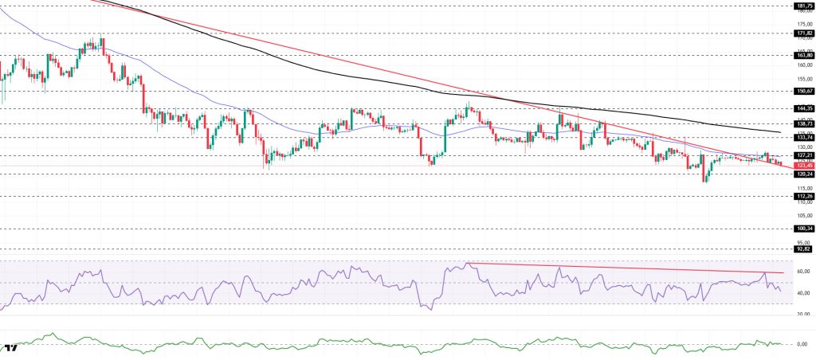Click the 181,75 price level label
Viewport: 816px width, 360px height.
[803, 6]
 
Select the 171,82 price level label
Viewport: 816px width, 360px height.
[803, 33]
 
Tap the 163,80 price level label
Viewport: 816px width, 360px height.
[803, 55]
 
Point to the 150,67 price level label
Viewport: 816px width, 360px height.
[803, 91]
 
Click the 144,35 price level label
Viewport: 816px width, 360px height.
[803, 108]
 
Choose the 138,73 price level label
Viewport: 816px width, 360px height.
[803, 123]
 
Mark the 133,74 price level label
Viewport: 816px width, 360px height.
[803, 137]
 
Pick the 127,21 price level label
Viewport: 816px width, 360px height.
[803, 155]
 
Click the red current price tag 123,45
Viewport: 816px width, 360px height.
[803, 165]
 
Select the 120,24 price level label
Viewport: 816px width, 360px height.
[803, 174]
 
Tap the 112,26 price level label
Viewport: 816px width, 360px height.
[803, 196]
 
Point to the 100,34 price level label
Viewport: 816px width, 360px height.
[803, 229]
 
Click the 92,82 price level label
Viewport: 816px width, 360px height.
[803, 249]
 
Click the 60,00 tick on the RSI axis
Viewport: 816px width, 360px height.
[802, 272]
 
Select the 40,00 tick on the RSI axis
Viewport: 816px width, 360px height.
[802, 292]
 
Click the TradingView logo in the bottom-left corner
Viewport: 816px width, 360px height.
[12, 348]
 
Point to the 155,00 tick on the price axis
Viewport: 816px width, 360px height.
[802, 79]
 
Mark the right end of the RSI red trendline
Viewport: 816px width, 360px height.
[783, 273]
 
